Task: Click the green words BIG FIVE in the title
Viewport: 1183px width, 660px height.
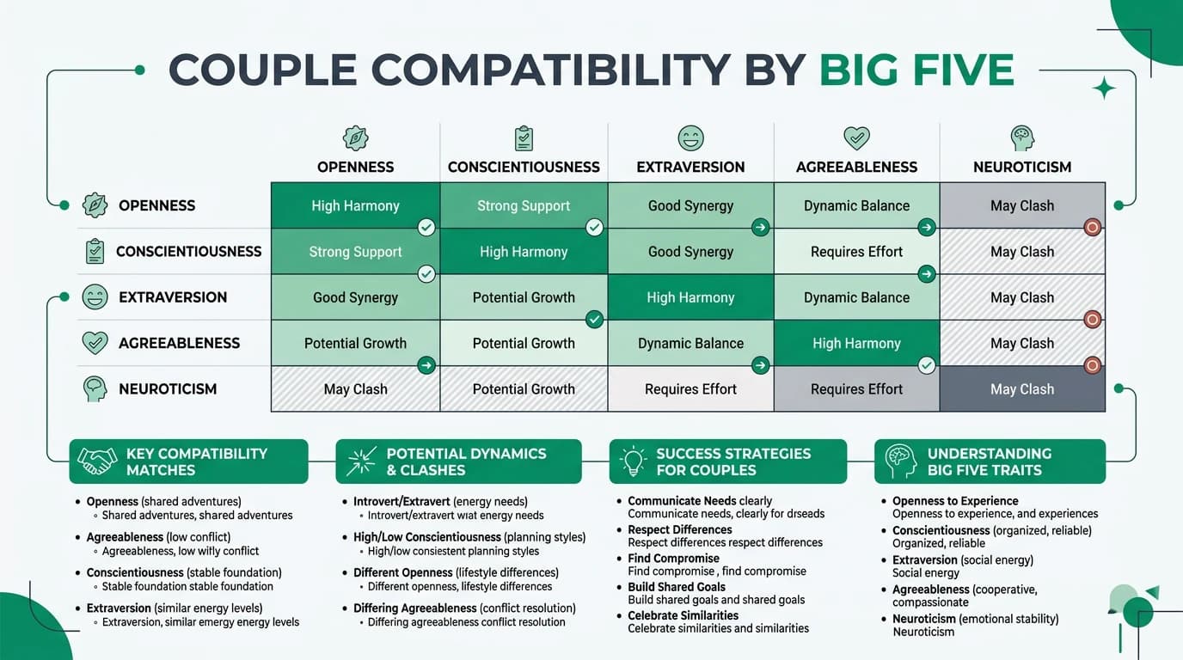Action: point(916,70)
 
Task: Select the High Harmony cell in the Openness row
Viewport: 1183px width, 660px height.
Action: point(355,205)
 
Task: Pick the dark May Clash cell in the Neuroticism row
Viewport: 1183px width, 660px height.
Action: point(1021,389)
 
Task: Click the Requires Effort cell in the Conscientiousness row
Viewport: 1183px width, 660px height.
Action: point(856,252)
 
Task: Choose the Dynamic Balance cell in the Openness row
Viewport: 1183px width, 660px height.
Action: point(856,205)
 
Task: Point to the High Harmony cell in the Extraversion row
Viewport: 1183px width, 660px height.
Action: point(690,297)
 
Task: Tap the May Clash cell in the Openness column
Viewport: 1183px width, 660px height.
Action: point(355,389)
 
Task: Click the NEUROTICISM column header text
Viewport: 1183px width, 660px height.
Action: point(1021,167)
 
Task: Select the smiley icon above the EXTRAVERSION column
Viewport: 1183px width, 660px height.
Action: point(690,138)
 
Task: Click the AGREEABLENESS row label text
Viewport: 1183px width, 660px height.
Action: point(179,343)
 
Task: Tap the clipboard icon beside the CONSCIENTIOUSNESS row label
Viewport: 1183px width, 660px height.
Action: point(95,252)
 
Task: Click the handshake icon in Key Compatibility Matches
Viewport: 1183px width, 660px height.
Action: point(97,461)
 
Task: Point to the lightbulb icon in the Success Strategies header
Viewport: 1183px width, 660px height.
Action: point(634,461)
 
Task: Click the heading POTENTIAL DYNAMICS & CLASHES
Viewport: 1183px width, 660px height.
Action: point(466,461)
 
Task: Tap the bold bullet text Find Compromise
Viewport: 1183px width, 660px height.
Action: point(673,559)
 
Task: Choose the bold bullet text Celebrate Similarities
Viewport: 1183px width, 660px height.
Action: point(683,615)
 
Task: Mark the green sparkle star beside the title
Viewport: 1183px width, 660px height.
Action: point(1104,89)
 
